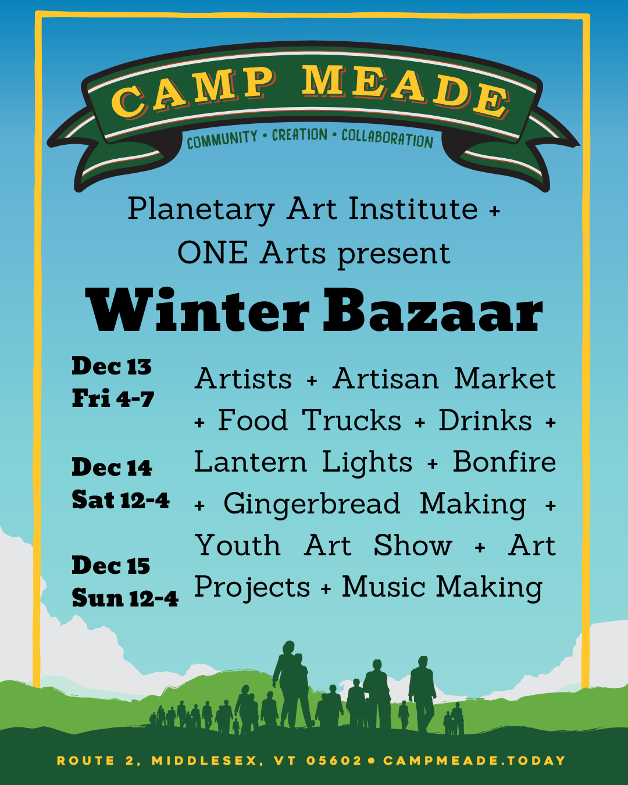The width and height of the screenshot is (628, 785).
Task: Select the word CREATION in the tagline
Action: click(x=299, y=135)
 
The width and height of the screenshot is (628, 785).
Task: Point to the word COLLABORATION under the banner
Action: click(x=387, y=138)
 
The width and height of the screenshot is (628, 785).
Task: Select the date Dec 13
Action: click(x=112, y=366)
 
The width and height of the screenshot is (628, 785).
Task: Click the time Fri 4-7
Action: click(x=113, y=398)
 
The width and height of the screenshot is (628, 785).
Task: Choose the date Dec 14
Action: click(x=112, y=467)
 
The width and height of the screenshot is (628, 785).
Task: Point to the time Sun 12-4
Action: click(x=125, y=598)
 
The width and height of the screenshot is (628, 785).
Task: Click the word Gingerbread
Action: click(x=312, y=505)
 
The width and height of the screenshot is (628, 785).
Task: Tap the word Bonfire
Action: click(x=504, y=462)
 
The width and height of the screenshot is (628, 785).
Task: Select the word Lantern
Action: click(x=250, y=462)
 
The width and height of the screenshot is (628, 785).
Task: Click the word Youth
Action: click(x=238, y=545)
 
